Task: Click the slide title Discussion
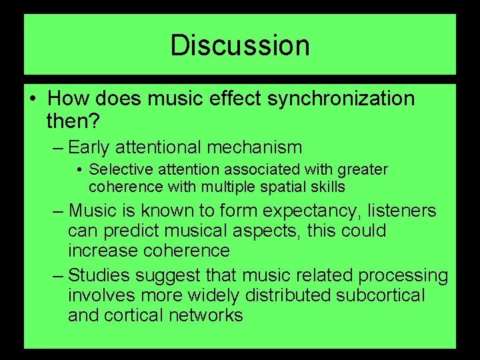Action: click(x=240, y=46)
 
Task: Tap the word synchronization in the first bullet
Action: click(x=341, y=99)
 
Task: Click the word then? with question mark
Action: click(x=73, y=121)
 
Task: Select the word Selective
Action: click(x=117, y=170)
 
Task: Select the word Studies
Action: click(x=98, y=275)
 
